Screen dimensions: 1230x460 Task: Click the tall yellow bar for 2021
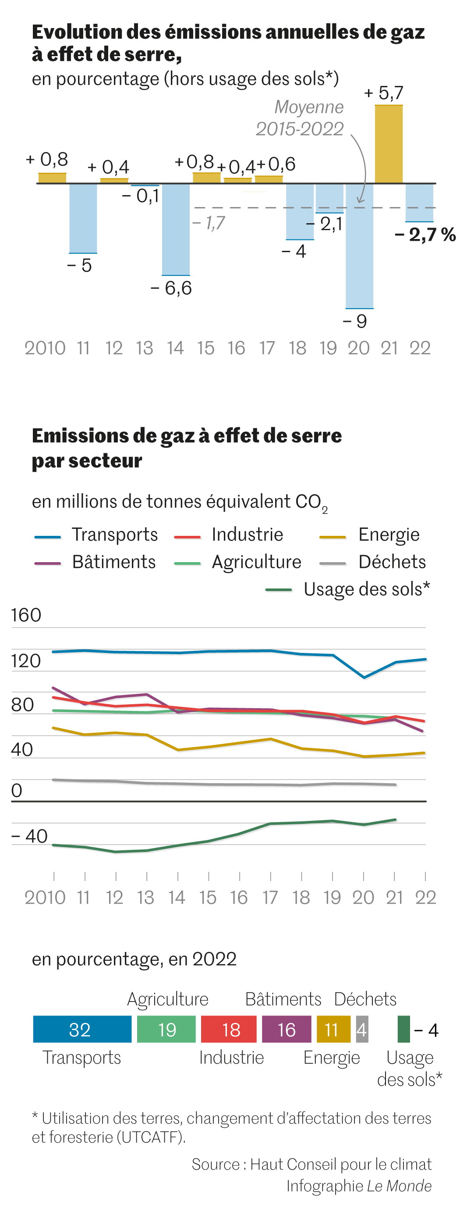pyautogui.click(x=389, y=144)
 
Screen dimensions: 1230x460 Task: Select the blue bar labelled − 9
pyautogui.click(x=359, y=246)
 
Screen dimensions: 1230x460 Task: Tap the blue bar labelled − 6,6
pyautogui.click(x=176, y=229)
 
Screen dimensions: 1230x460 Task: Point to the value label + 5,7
pyautogui.click(x=384, y=93)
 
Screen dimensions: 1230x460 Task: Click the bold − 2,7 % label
pyautogui.click(x=425, y=235)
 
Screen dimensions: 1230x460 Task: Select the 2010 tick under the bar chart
pyautogui.click(x=45, y=348)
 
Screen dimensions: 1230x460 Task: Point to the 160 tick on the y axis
pyautogui.click(x=26, y=615)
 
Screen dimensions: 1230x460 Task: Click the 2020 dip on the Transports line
pyautogui.click(x=364, y=677)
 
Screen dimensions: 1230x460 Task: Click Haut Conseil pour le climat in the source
pyautogui.click(x=341, y=1165)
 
